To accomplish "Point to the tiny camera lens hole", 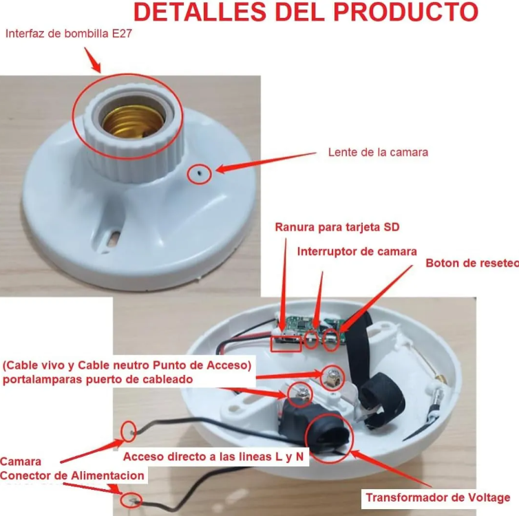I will (200, 174).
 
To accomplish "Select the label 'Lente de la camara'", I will (377, 152).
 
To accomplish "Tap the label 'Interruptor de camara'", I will (357, 251).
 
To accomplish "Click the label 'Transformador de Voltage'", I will (437, 497).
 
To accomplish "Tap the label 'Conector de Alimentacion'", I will (72, 475).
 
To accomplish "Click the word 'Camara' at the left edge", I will (20, 462).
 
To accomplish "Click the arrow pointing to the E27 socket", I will (92, 60).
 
